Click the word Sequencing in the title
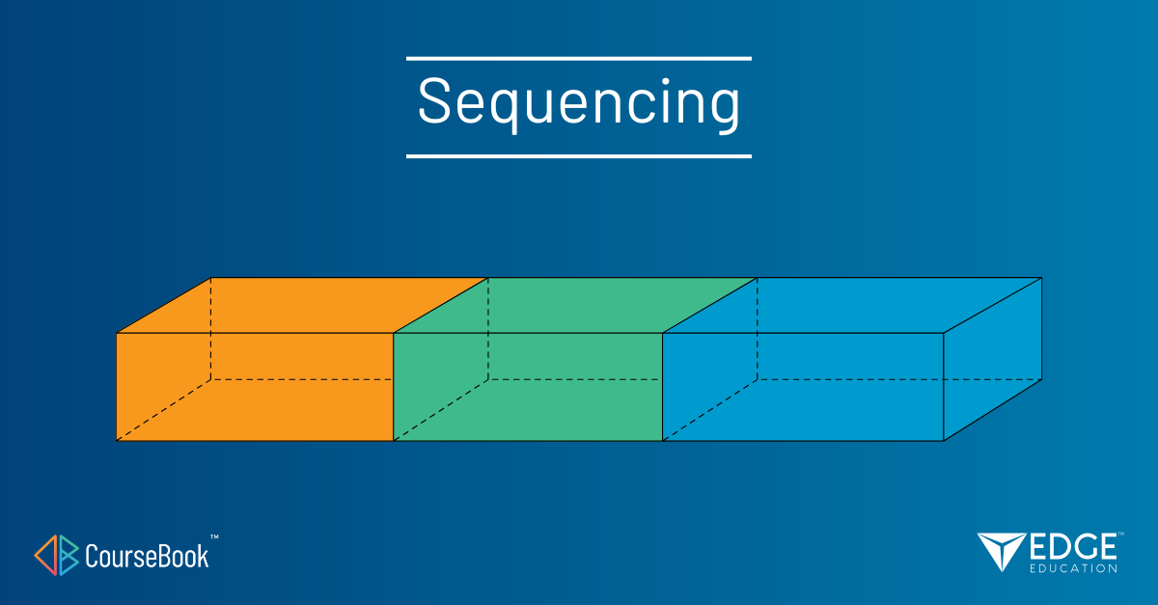579,103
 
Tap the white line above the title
579,59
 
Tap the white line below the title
579,155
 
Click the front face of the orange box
255,387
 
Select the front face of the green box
528,387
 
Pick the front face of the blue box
803,387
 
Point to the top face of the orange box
302,305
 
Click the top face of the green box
575,305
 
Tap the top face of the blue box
852,305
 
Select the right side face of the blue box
993,359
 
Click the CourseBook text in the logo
147,557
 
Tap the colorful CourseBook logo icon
56,556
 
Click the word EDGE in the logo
1073,547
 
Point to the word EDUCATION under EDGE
1073,568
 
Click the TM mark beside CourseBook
214,537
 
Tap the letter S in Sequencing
434,100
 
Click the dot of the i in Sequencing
666,82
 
